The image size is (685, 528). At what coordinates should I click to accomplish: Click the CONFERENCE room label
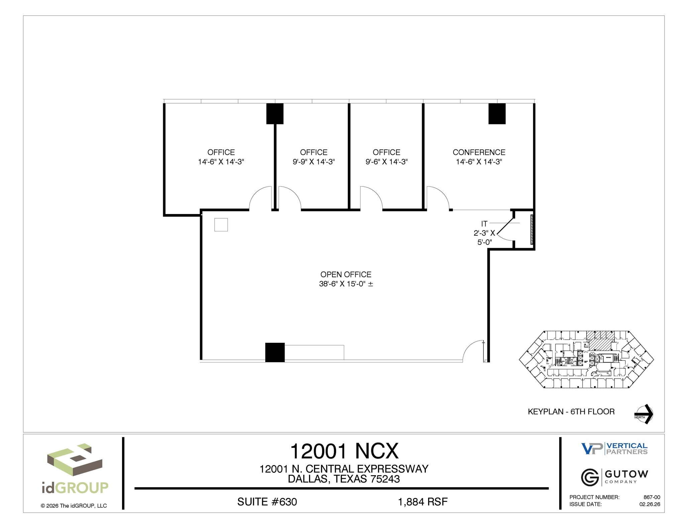click(479, 152)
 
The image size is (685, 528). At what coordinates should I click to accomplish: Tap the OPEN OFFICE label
click(346, 275)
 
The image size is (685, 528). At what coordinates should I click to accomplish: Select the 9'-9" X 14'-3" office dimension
click(313, 162)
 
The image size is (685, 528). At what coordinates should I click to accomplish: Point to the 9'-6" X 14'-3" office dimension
click(386, 162)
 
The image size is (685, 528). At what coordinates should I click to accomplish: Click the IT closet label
click(484, 224)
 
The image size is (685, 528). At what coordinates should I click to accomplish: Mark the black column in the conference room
click(497, 114)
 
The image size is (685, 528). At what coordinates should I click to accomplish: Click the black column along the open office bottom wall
click(275, 352)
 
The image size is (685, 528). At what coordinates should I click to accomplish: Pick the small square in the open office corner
click(221, 225)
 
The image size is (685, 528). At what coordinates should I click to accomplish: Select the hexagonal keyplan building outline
click(586, 359)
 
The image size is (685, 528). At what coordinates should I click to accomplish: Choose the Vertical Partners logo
click(614, 448)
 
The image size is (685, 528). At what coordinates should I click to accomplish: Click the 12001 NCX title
click(344, 451)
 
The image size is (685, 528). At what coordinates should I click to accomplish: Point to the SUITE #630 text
click(267, 502)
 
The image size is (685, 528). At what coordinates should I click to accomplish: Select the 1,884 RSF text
click(422, 502)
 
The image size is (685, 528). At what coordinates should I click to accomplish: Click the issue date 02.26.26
click(650, 504)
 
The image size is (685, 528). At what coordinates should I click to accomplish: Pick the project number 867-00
click(652, 497)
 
